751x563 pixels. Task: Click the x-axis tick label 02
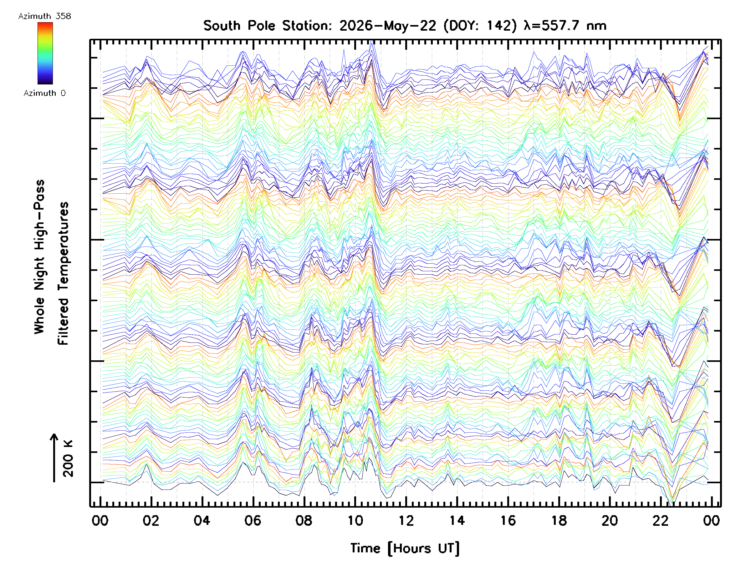[151, 520]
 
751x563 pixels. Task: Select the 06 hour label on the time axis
[253, 520]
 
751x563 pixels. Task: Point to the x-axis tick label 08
[304, 520]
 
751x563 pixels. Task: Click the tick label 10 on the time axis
[355, 520]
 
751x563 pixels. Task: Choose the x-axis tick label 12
[406, 520]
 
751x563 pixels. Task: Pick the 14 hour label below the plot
[457, 520]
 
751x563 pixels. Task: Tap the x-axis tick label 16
[508, 520]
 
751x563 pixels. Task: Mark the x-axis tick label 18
[559, 520]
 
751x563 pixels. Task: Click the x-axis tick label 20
[610, 520]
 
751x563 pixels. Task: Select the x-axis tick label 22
[661, 520]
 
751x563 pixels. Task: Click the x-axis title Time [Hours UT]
[405, 548]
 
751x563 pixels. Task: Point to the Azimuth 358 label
[44, 16]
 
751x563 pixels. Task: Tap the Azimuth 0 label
[44, 93]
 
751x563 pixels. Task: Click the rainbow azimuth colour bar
[45, 53]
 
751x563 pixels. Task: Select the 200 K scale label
[68, 459]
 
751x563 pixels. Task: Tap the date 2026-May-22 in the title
[388, 26]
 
